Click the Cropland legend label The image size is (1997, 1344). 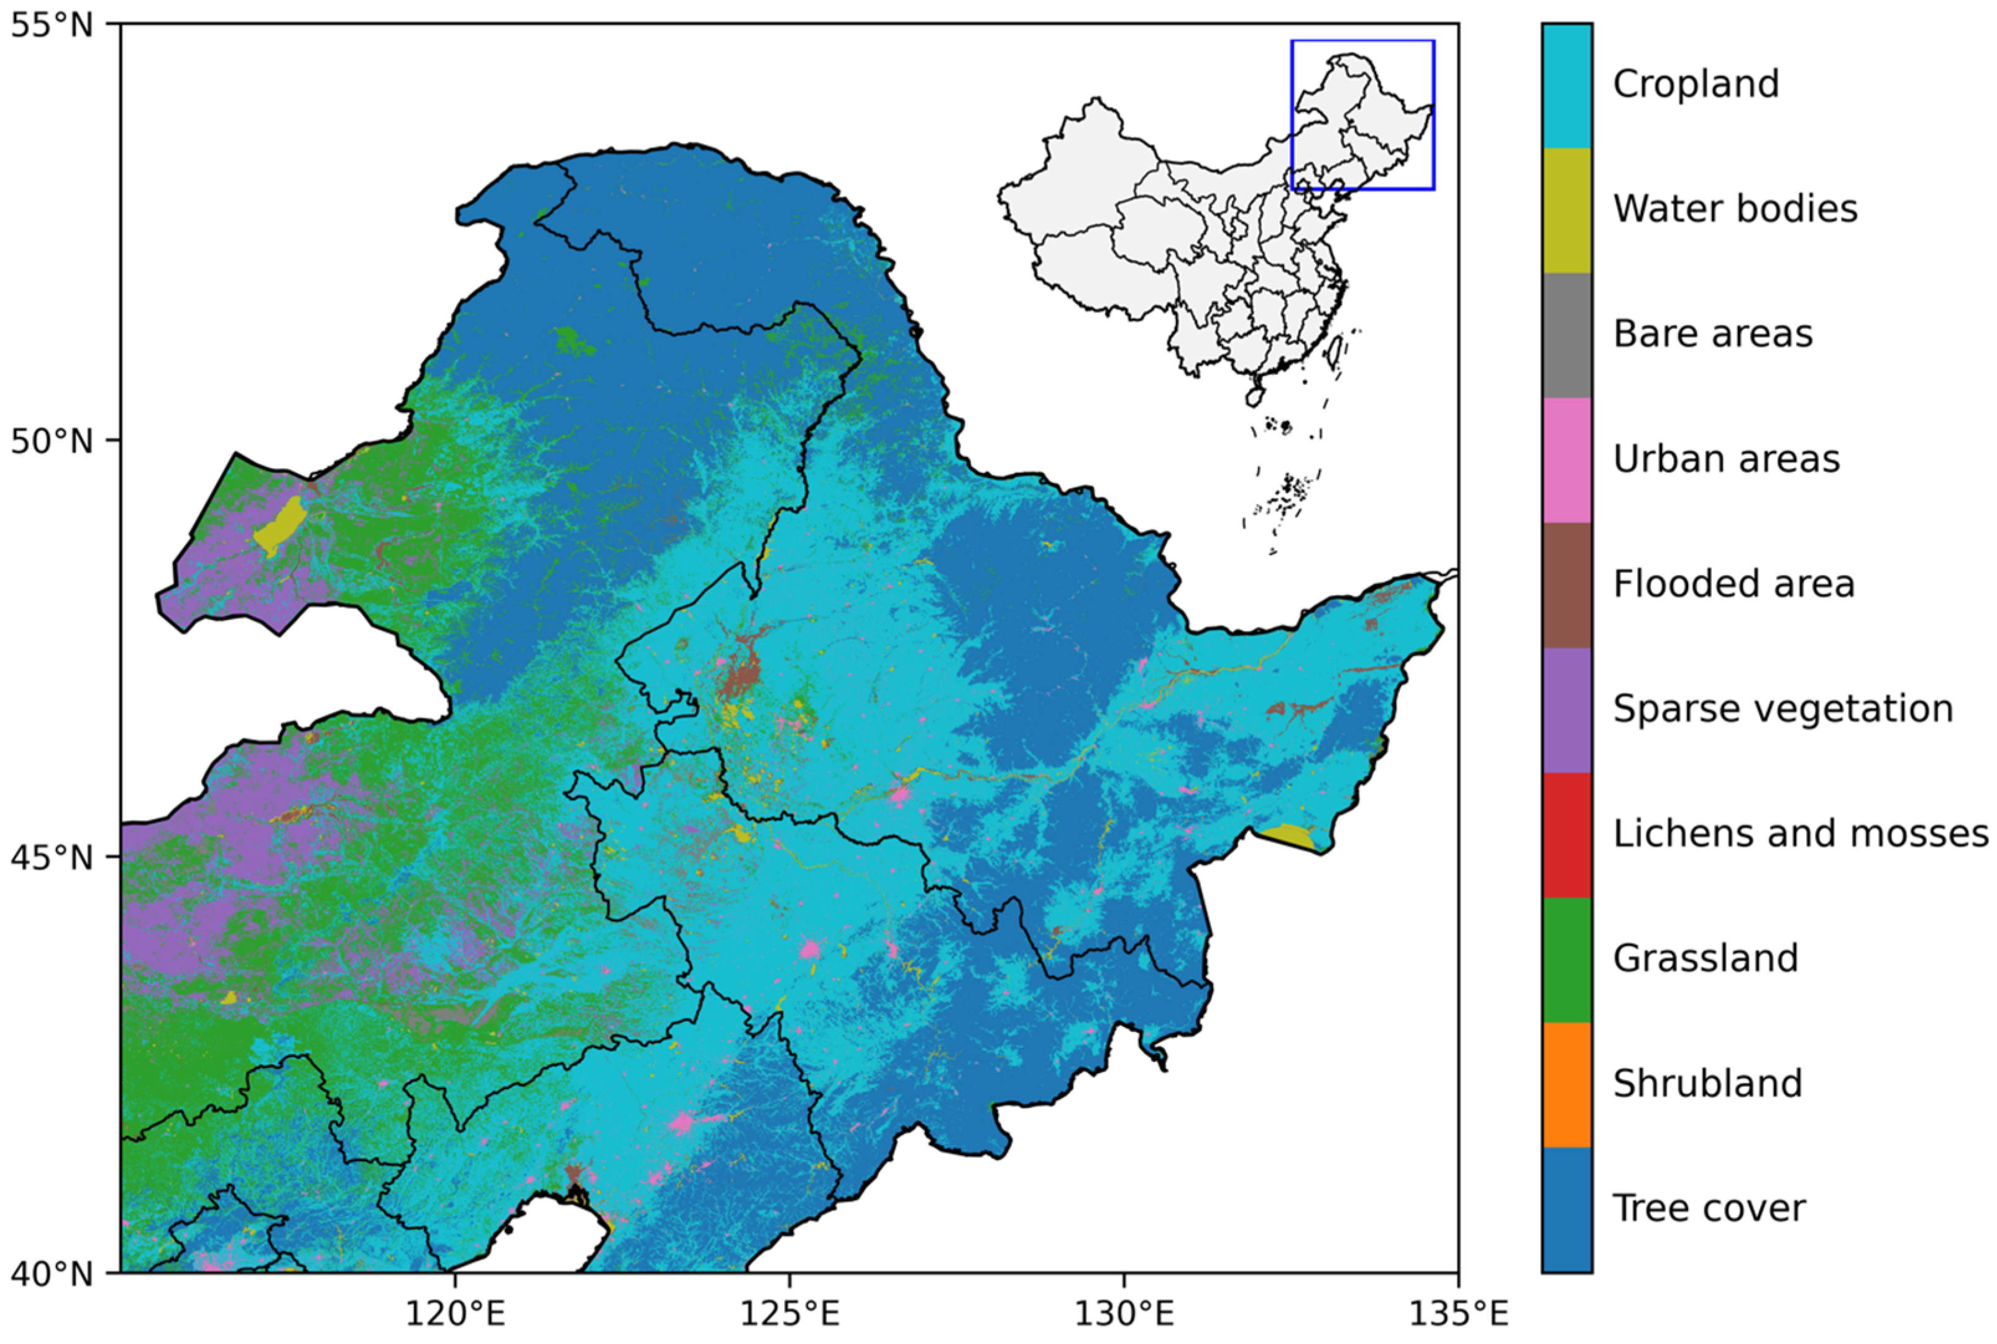(x=1696, y=84)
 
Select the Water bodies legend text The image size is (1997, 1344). (x=1735, y=209)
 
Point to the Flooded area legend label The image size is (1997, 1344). (x=1733, y=584)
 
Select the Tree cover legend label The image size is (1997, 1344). (x=1708, y=1208)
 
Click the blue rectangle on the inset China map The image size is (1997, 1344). (x=1363, y=41)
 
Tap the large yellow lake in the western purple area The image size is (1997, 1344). (x=281, y=525)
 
